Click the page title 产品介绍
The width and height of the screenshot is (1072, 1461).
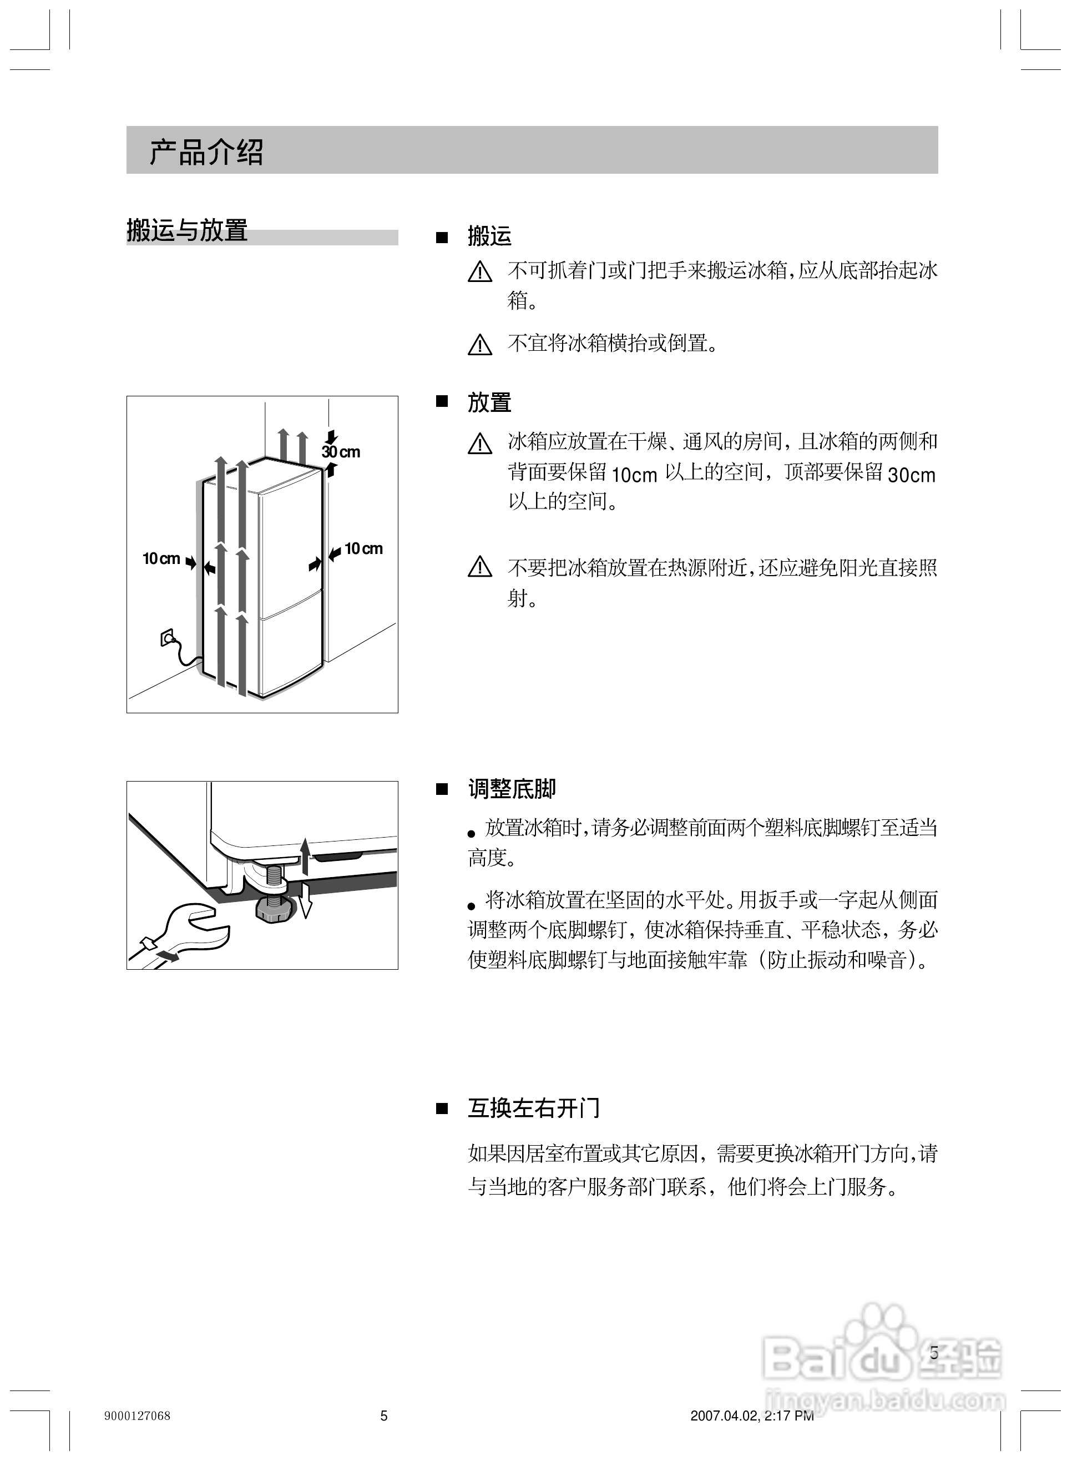click(x=206, y=152)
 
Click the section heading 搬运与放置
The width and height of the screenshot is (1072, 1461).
click(x=187, y=230)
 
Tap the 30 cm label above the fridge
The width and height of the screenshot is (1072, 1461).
click(x=341, y=452)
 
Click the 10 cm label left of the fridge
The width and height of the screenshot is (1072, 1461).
click(x=161, y=558)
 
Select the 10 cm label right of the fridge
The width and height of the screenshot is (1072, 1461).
click(x=363, y=548)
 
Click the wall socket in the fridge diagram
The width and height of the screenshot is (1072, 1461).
click(x=167, y=637)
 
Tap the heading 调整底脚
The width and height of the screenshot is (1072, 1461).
click(x=512, y=789)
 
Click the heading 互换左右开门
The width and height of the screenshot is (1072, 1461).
click(x=533, y=1108)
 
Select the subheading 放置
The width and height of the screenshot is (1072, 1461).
click(x=489, y=402)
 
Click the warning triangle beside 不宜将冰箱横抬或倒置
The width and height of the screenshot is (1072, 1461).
click(x=479, y=345)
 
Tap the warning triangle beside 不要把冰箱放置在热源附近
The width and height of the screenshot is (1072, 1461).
click(x=479, y=567)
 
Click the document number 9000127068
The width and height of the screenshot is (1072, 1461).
click(x=137, y=1415)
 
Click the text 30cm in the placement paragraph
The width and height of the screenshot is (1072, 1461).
click(x=911, y=475)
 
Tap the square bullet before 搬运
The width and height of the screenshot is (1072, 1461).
click(x=442, y=238)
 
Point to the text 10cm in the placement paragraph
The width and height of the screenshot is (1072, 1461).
click(x=634, y=475)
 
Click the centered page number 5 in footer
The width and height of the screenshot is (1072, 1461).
click(x=383, y=1415)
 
